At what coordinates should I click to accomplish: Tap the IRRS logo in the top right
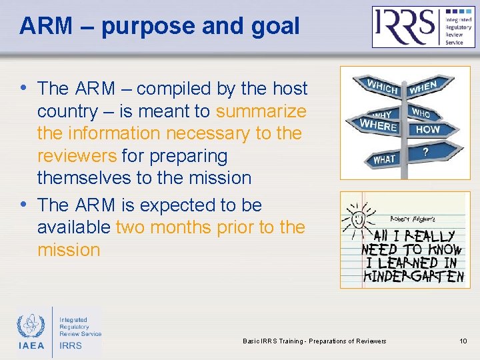pos(423,27)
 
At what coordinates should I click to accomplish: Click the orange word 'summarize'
pos(261,111)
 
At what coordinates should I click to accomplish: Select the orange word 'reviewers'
pos(75,156)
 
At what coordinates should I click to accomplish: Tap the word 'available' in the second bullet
pos(74,227)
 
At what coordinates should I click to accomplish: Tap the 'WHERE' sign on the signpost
pos(377,125)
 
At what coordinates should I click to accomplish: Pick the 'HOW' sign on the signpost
pos(427,129)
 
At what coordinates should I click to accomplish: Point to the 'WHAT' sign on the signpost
pos(384,159)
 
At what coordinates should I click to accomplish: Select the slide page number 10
pos(463,341)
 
